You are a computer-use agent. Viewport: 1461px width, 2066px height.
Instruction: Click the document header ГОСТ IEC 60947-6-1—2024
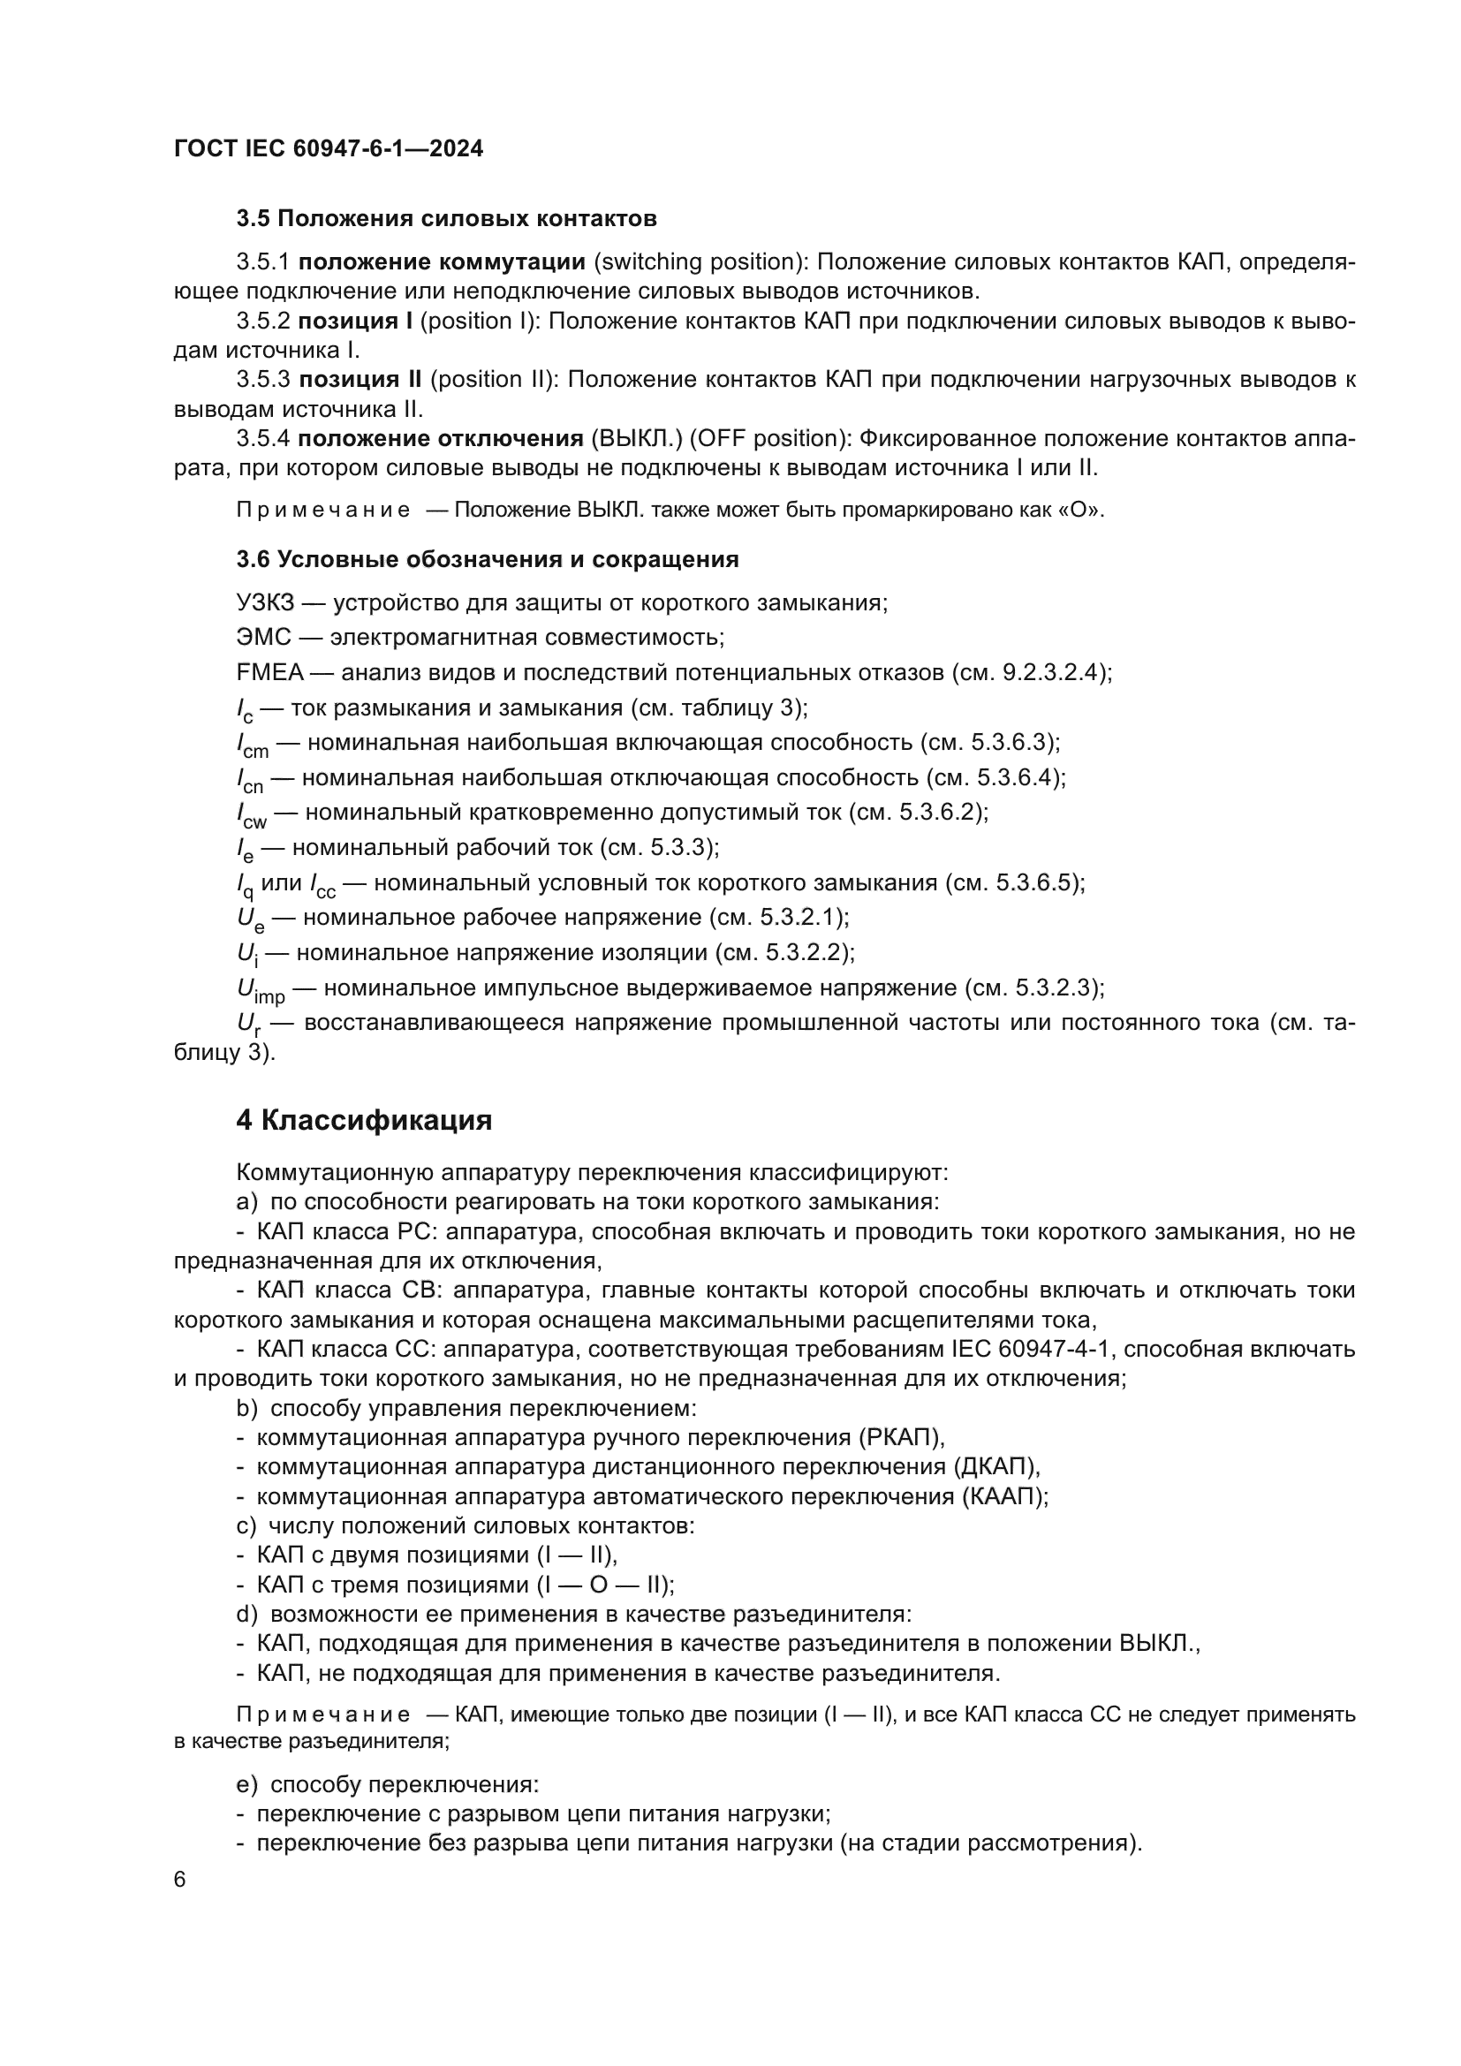pos(329,148)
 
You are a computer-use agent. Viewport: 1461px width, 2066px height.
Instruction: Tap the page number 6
pos(180,1880)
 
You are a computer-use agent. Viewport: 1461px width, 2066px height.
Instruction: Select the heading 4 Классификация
pos(363,1120)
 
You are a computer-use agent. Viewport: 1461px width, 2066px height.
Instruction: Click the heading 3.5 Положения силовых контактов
pos(446,219)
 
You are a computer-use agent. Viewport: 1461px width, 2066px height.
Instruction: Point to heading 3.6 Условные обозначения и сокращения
pos(487,560)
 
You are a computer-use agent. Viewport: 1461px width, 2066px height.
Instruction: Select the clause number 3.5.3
pos(262,380)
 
